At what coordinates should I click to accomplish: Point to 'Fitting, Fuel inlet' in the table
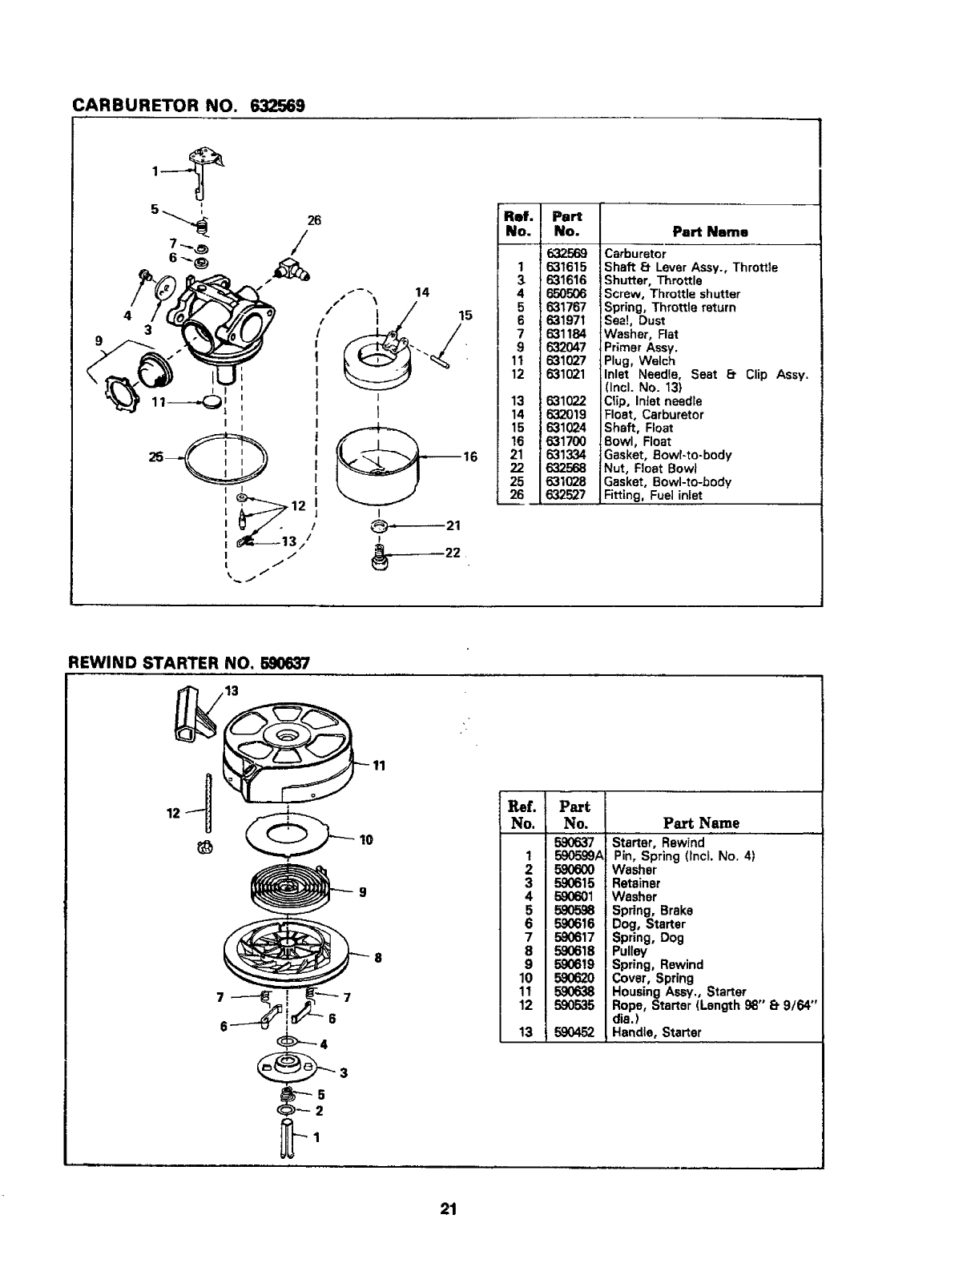(653, 495)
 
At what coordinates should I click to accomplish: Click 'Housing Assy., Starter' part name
(679, 991)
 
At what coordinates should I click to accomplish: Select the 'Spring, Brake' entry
(652, 911)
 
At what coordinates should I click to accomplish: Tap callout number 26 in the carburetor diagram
(314, 221)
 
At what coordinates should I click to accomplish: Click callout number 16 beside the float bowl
(470, 457)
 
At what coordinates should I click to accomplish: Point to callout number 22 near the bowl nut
(453, 553)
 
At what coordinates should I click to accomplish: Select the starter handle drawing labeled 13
(189, 714)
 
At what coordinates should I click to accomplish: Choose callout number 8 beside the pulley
(377, 957)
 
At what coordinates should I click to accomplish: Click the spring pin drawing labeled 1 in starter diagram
(288, 1138)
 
